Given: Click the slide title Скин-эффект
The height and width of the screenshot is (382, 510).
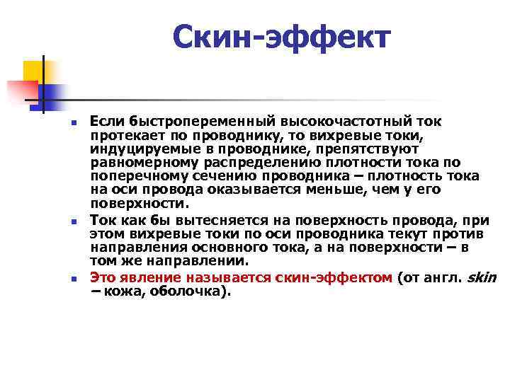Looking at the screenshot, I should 281,37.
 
